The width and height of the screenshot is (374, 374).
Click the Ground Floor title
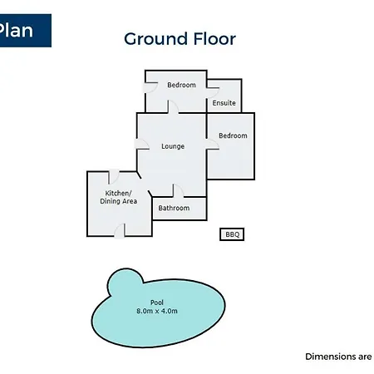click(180, 39)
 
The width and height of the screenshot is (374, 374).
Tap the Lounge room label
click(173, 146)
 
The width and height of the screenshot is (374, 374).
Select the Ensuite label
click(224, 103)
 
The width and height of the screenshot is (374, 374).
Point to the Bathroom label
click(174, 208)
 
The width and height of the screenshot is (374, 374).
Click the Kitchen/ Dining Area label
click(118, 197)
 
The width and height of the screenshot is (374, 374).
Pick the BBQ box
click(232, 234)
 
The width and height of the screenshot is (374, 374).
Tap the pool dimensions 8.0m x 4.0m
click(157, 311)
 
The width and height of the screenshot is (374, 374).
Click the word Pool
click(157, 303)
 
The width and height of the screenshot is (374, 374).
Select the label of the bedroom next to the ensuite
click(181, 85)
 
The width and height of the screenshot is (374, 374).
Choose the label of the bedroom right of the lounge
click(233, 135)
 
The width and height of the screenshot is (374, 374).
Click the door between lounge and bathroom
click(178, 191)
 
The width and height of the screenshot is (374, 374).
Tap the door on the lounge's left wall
click(142, 144)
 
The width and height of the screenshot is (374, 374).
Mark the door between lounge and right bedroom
click(213, 144)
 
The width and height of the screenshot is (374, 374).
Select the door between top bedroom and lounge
click(173, 106)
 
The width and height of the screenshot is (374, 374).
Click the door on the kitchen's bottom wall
click(120, 230)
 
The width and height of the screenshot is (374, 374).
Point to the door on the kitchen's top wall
click(114, 177)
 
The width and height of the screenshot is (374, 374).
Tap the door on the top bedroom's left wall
click(150, 87)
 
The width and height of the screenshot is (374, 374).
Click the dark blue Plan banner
click(26, 31)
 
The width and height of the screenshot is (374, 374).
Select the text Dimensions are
click(338, 357)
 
